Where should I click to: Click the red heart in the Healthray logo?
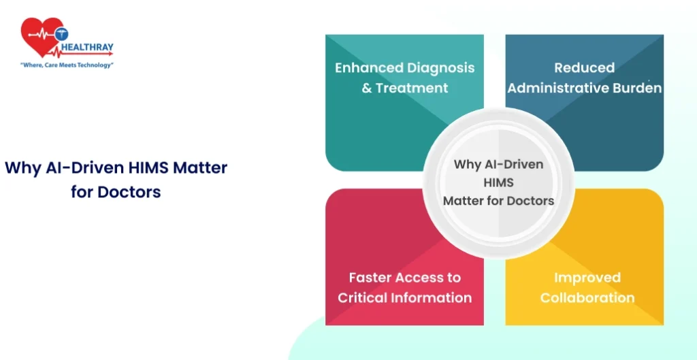(40, 37)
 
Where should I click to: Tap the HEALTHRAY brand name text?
(86, 47)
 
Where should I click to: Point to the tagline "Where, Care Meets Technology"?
(67, 65)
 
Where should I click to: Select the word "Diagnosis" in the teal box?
(440, 68)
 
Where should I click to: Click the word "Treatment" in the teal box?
(412, 88)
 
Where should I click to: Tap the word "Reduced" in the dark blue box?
(584, 67)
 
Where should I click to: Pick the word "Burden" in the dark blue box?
(636, 88)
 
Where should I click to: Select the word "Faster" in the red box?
(371, 278)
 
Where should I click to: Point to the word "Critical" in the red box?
(362, 297)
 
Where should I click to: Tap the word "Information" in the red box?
(431, 297)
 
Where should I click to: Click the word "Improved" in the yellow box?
(587, 278)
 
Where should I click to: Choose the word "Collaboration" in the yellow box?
(587, 297)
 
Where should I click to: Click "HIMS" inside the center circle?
(498, 182)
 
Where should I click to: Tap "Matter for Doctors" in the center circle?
(498, 201)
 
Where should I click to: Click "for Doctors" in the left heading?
(116, 192)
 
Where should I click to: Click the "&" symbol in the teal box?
(366, 88)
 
